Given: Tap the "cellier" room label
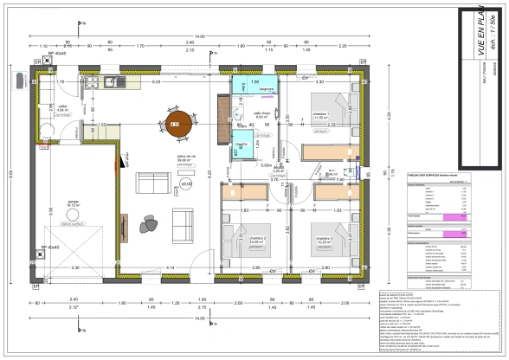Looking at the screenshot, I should pos(62,108).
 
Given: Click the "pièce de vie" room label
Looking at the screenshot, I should pos(184,157).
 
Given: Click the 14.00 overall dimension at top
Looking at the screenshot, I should pos(200,35).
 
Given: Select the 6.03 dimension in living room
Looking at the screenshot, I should pos(157,82).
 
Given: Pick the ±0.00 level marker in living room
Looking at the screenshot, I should pos(185,183).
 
